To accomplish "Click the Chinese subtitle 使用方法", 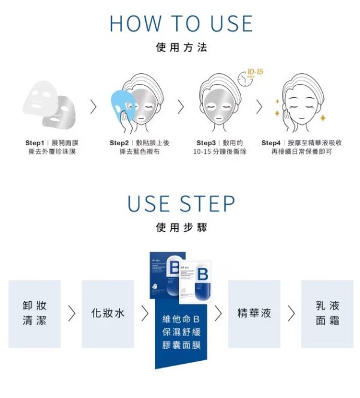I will click(181, 47).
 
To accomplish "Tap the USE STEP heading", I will click(181, 204).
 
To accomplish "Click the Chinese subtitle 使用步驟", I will click(181, 228).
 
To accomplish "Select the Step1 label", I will click(35, 143).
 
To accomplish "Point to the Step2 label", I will click(119, 143).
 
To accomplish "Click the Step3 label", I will click(206, 143).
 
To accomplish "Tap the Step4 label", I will click(272, 143).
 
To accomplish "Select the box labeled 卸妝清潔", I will click(34, 313).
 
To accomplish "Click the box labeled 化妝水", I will click(107, 313).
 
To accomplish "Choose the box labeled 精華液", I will click(254, 313).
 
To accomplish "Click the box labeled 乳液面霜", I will click(327, 313).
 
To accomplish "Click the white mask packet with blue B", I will click(197, 277).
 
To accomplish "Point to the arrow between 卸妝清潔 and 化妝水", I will click(71, 313).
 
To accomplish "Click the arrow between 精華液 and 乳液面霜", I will click(291, 313).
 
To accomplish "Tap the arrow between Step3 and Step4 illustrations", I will click(259, 107).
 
